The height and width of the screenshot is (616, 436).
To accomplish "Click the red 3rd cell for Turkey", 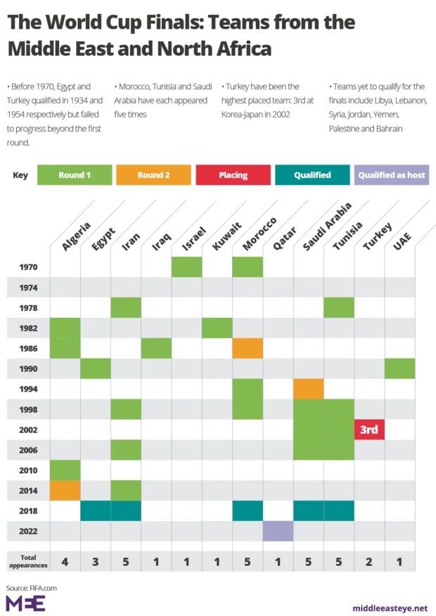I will [x=369, y=430].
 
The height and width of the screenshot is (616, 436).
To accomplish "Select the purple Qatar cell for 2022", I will [x=278, y=531].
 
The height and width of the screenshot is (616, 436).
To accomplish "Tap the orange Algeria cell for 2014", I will [x=65, y=490].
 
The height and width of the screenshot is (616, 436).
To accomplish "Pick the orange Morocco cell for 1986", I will [x=248, y=348].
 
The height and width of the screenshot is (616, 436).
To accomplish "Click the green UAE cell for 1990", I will [x=399, y=368].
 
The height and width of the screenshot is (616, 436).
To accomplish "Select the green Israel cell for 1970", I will [x=186, y=267].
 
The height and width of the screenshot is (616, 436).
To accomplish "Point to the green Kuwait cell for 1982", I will [x=217, y=328].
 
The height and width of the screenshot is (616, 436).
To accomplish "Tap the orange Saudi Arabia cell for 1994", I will [x=308, y=389].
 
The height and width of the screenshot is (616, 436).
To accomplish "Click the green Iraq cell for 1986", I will [x=156, y=348].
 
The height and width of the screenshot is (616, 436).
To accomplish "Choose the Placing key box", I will [x=233, y=175].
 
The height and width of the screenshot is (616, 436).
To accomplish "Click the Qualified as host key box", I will [x=392, y=175].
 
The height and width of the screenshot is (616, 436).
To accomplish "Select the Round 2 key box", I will [x=153, y=175].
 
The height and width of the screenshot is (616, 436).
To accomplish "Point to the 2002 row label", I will [x=29, y=430].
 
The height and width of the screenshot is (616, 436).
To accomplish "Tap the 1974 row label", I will [x=29, y=288].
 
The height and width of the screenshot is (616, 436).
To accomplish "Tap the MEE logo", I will [x=25, y=603].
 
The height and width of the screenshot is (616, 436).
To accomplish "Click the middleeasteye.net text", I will [x=390, y=608].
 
